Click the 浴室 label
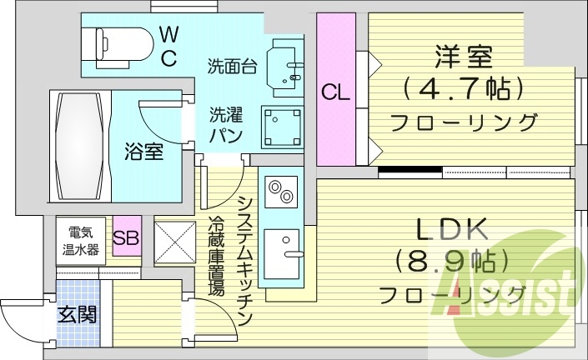(x=144, y=152)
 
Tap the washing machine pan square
(x=281, y=127)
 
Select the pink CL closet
(x=335, y=92)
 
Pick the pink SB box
(x=126, y=237)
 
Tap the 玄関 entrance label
(x=77, y=315)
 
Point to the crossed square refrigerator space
(x=174, y=242)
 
